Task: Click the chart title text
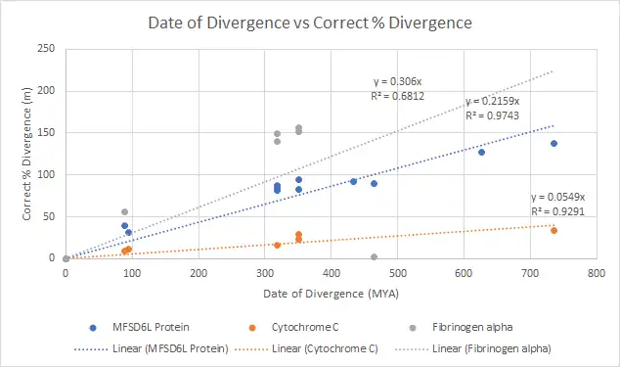tap(310, 23)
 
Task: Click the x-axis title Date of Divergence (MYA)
tap(331, 294)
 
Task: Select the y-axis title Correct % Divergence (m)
tap(26, 154)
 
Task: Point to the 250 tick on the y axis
tap(46, 49)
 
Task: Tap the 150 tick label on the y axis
tap(46, 132)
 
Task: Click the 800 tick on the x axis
tap(597, 273)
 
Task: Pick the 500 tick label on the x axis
tap(397, 273)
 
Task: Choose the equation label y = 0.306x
tap(397, 81)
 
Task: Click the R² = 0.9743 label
tap(492, 115)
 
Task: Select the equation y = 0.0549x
tap(558, 197)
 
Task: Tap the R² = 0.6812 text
tap(397, 96)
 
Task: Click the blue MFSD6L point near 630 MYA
tap(481, 152)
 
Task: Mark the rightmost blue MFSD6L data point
tap(554, 143)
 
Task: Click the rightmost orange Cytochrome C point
tap(554, 230)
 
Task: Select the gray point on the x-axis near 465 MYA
tap(375, 257)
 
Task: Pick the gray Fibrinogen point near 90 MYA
tap(124, 211)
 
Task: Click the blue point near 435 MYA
tap(353, 181)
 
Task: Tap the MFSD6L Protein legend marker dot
tap(93, 328)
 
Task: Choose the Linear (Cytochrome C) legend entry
tap(306, 348)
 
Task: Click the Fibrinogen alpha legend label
tap(472, 328)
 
